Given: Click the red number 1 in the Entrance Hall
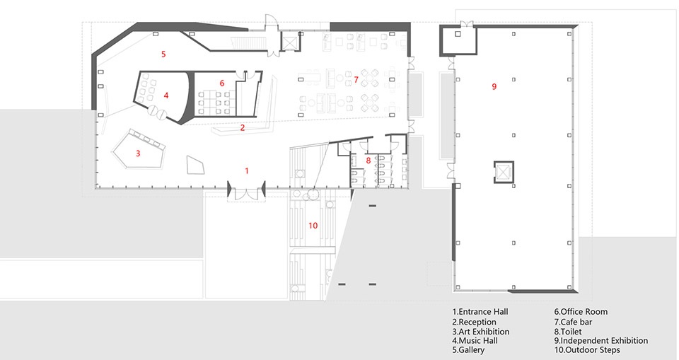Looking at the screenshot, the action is click(x=247, y=170).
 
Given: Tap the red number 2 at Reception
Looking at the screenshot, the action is click(x=243, y=128).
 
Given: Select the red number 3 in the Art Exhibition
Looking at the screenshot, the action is click(x=138, y=153).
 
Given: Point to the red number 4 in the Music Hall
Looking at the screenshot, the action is click(x=166, y=95).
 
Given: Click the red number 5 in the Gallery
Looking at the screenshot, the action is click(x=163, y=54).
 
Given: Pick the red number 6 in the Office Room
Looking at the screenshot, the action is click(x=222, y=83).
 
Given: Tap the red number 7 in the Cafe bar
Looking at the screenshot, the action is click(x=356, y=79).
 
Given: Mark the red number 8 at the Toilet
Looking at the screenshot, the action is click(x=368, y=161).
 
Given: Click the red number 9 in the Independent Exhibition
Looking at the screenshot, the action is click(x=494, y=87).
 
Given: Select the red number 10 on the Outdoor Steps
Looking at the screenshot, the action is click(x=313, y=226).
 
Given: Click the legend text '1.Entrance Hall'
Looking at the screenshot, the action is click(x=480, y=312).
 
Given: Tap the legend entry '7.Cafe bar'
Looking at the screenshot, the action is click(x=573, y=323).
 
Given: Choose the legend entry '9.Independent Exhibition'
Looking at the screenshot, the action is click(x=601, y=341).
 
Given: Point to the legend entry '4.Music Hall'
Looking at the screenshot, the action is click(x=475, y=341).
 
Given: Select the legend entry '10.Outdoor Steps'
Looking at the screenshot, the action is click(x=587, y=350).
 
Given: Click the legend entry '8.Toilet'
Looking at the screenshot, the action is click(x=568, y=332).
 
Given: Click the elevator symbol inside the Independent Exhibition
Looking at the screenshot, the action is click(x=504, y=172).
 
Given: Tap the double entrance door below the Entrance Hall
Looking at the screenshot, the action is click(x=246, y=193).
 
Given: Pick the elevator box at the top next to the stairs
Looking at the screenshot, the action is click(x=289, y=42).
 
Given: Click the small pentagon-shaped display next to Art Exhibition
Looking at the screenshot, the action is click(x=195, y=165).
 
